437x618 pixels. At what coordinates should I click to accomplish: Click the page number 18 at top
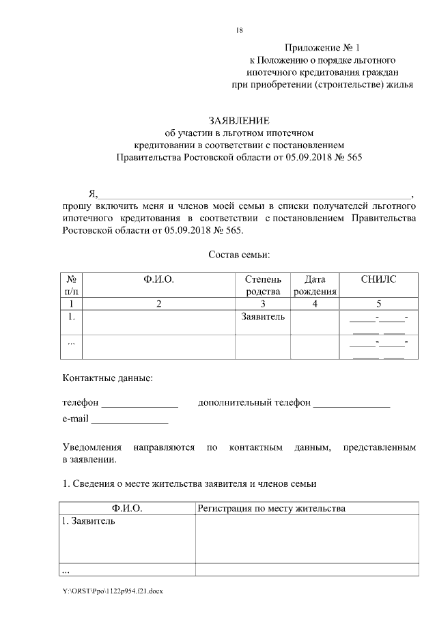click(x=238, y=30)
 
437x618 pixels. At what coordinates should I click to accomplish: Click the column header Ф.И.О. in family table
click(x=158, y=279)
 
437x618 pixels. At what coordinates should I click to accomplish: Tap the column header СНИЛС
click(x=378, y=279)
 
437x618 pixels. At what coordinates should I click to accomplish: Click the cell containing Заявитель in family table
click(x=262, y=318)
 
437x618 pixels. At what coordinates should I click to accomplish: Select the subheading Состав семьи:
click(x=238, y=255)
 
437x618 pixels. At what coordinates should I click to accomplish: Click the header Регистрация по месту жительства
click(x=271, y=509)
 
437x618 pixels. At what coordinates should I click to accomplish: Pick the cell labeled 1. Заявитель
click(x=89, y=522)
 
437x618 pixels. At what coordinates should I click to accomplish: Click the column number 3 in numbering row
click(x=262, y=304)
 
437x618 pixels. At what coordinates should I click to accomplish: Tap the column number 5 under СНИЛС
click(x=378, y=304)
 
